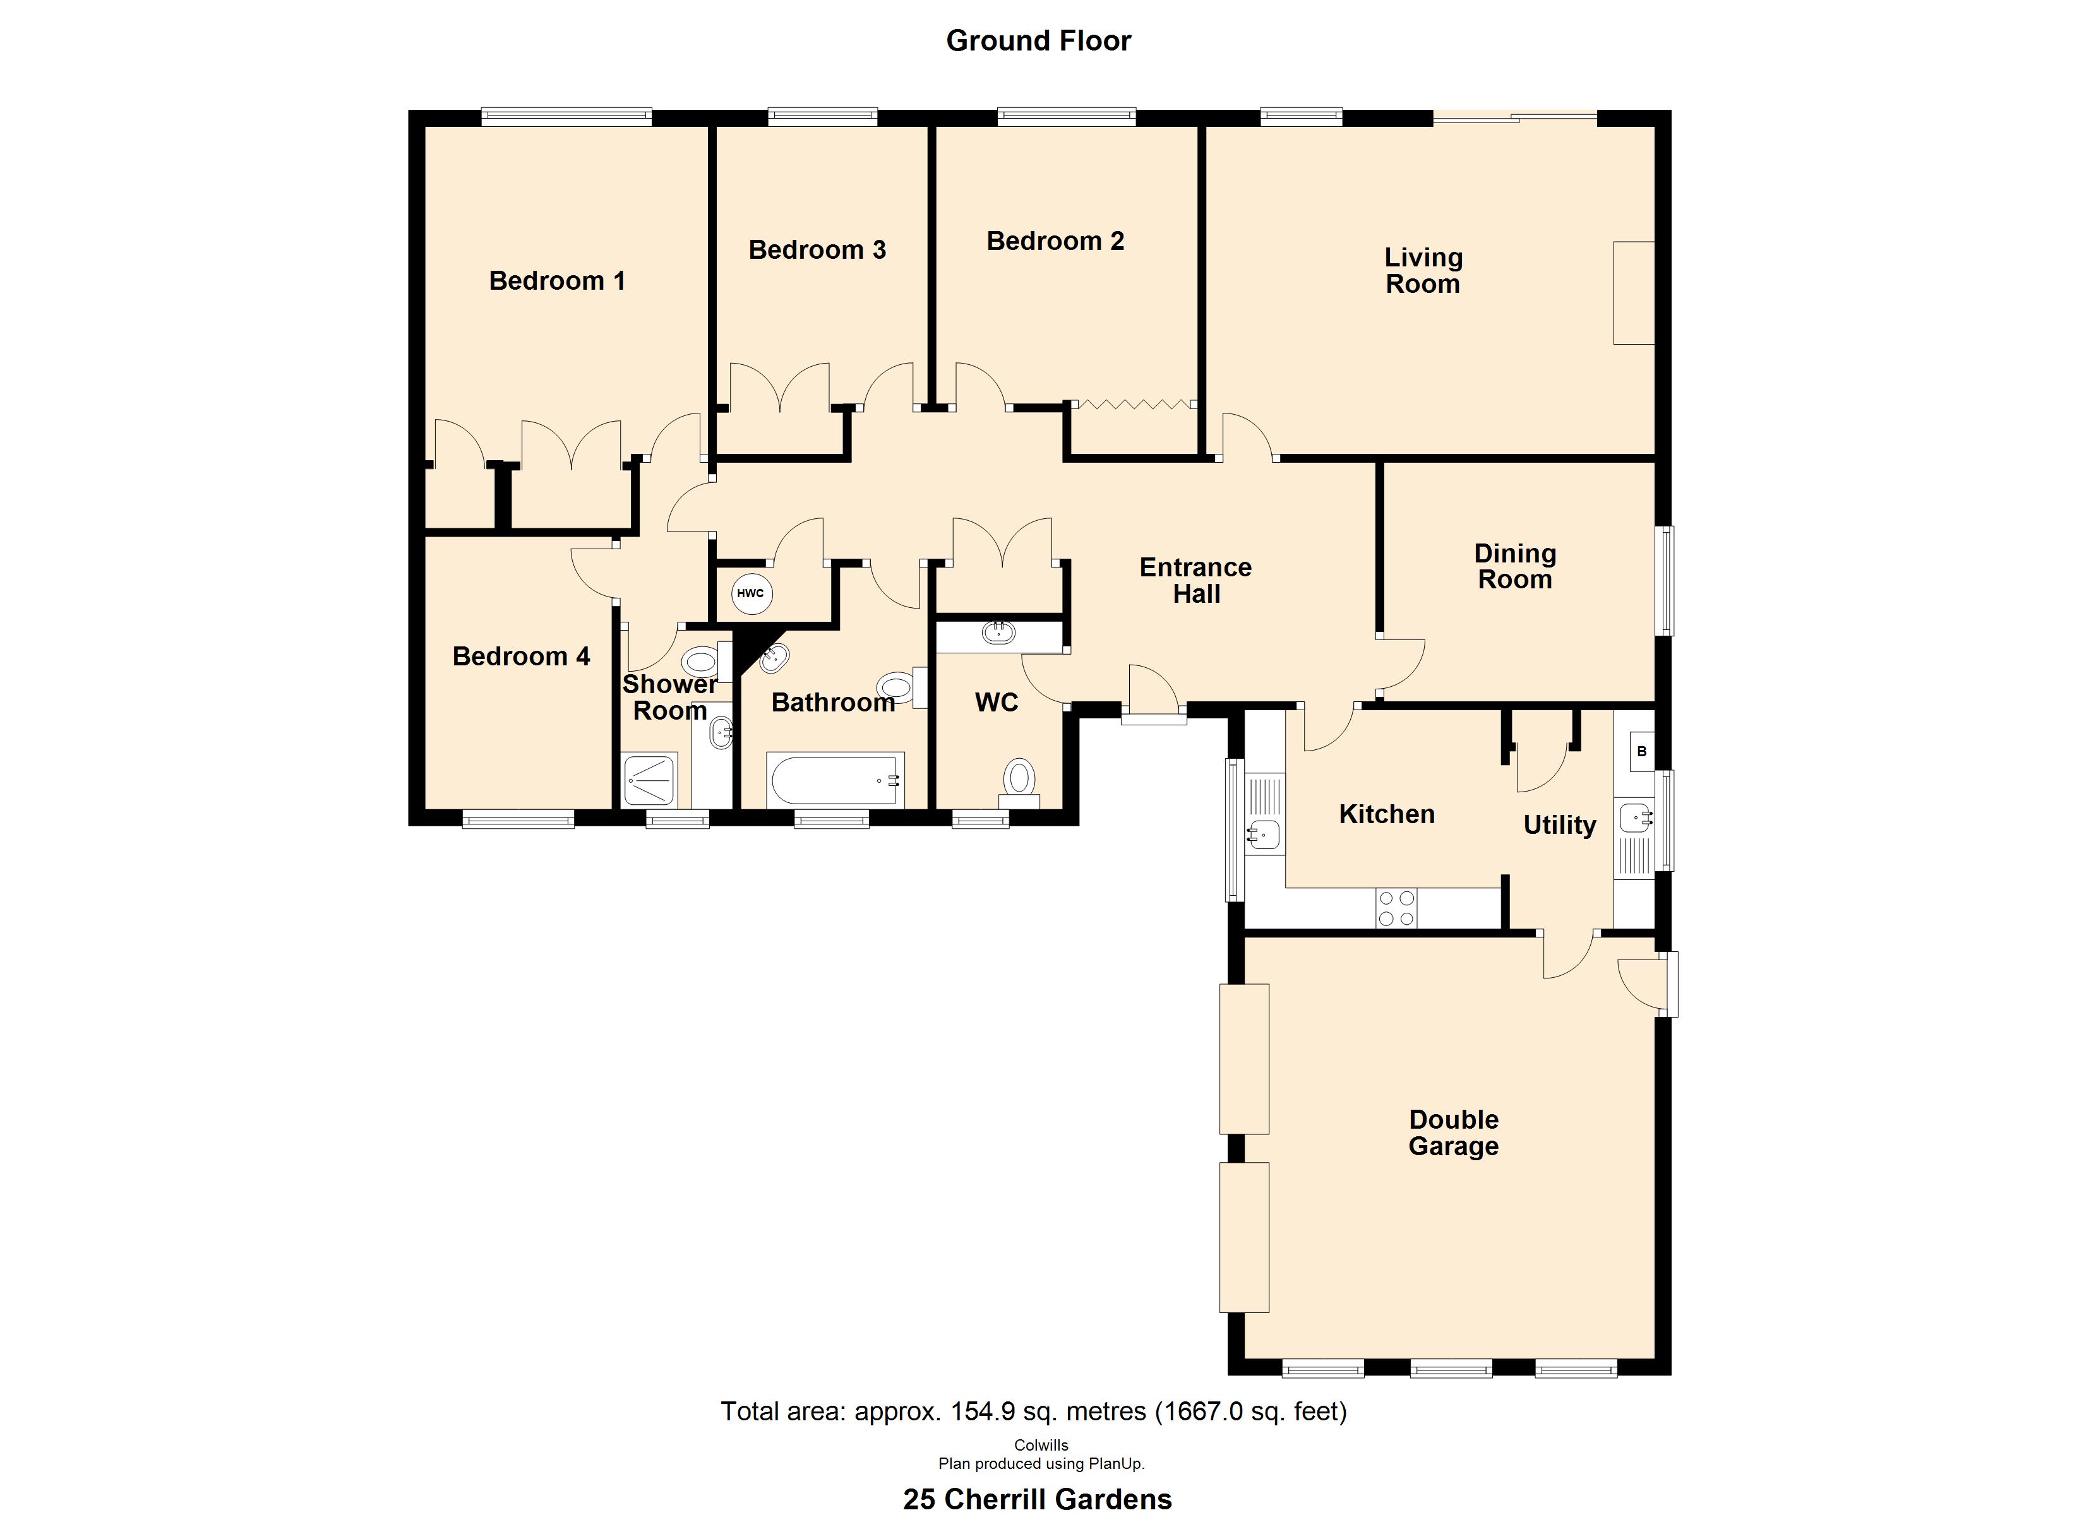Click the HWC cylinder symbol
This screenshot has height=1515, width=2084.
(752, 593)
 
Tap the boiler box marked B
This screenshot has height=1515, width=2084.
(1641, 752)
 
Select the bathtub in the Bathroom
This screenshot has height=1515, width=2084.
(836, 780)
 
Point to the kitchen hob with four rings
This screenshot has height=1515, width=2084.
(1397, 908)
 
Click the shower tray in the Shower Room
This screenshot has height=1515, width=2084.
(650, 780)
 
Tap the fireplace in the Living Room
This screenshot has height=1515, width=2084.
(1634, 292)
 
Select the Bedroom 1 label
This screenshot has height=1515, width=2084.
(557, 280)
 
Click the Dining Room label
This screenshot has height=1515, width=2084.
(1515, 566)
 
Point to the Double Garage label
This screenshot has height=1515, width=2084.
(1454, 1133)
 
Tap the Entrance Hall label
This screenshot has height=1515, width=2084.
(1195, 581)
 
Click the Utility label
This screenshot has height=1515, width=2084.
(1559, 825)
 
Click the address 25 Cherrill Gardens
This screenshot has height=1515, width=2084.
(1038, 1499)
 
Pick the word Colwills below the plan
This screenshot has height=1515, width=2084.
(1041, 1445)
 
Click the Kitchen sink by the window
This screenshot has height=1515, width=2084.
(1264, 835)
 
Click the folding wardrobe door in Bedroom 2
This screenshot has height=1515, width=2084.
(1135, 403)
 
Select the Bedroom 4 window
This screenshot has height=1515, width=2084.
(518, 819)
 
